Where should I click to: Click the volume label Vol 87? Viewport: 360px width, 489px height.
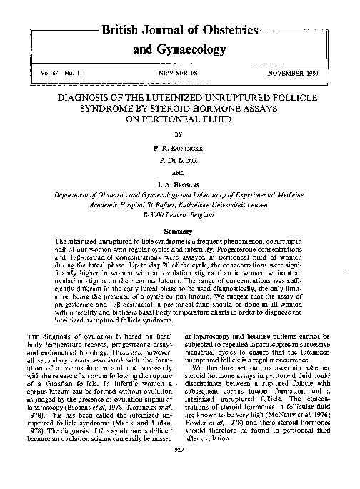point(51,73)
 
